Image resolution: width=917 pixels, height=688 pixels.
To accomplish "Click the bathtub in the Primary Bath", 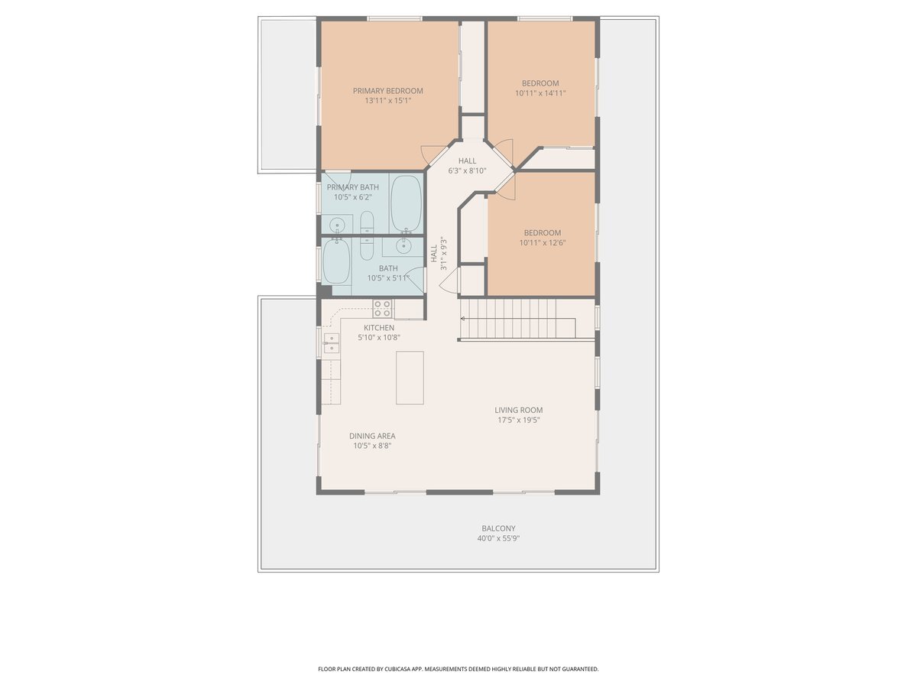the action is tap(406, 204).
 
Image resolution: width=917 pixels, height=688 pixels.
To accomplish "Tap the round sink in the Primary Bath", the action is tap(337, 226).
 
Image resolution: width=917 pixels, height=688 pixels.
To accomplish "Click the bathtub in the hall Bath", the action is tap(336, 261).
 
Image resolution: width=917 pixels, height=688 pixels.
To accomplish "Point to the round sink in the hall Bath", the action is tap(404, 245).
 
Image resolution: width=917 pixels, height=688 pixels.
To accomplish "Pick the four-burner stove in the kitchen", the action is tap(383, 309).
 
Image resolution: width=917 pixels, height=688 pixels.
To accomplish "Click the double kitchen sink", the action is tap(332, 343).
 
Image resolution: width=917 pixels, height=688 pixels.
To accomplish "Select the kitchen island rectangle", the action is tap(410, 378).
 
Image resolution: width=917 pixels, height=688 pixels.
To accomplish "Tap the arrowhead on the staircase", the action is tap(463, 319).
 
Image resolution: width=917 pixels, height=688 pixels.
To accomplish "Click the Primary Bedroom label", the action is tap(387, 91).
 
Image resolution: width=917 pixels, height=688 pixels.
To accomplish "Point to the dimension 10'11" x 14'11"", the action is tap(540, 93).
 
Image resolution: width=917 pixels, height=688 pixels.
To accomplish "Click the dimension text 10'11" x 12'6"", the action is tap(543, 242).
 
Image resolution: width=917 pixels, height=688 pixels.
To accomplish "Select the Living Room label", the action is tap(518, 411).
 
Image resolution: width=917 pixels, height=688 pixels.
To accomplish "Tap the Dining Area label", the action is tap(372, 436).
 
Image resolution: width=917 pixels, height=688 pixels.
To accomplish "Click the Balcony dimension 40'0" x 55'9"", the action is tap(498, 538).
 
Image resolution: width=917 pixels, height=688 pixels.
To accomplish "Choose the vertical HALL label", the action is tap(434, 254).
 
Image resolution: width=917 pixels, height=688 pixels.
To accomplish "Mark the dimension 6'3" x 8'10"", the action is tap(467, 170).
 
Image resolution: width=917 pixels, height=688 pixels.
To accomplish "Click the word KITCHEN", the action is tap(379, 327).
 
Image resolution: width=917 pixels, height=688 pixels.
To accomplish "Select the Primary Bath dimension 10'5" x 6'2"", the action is tap(353, 197).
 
